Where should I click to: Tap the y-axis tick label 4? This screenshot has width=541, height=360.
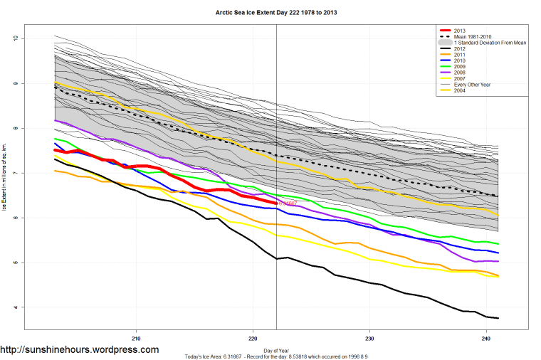coord(16,307)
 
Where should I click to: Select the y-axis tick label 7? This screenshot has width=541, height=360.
coord(16,173)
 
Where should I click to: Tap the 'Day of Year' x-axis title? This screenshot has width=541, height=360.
coord(276,350)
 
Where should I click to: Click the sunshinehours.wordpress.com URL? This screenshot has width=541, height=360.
coord(80,350)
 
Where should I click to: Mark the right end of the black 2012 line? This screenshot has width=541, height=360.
coord(498,318)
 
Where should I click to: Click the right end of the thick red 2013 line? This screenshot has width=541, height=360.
coord(275,203)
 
